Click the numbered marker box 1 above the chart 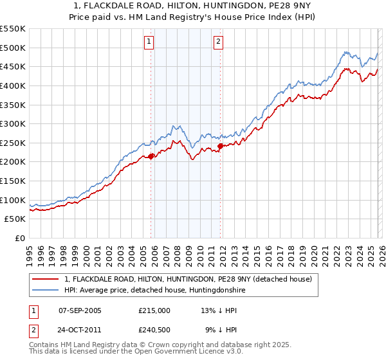click(149, 42)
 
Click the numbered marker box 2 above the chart click(218, 42)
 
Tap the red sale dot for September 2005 click(151, 156)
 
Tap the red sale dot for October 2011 click(221, 146)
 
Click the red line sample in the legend click(46, 279)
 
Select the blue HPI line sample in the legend click(46, 291)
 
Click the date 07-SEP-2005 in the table click(80, 310)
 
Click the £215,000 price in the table click(154, 310)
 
